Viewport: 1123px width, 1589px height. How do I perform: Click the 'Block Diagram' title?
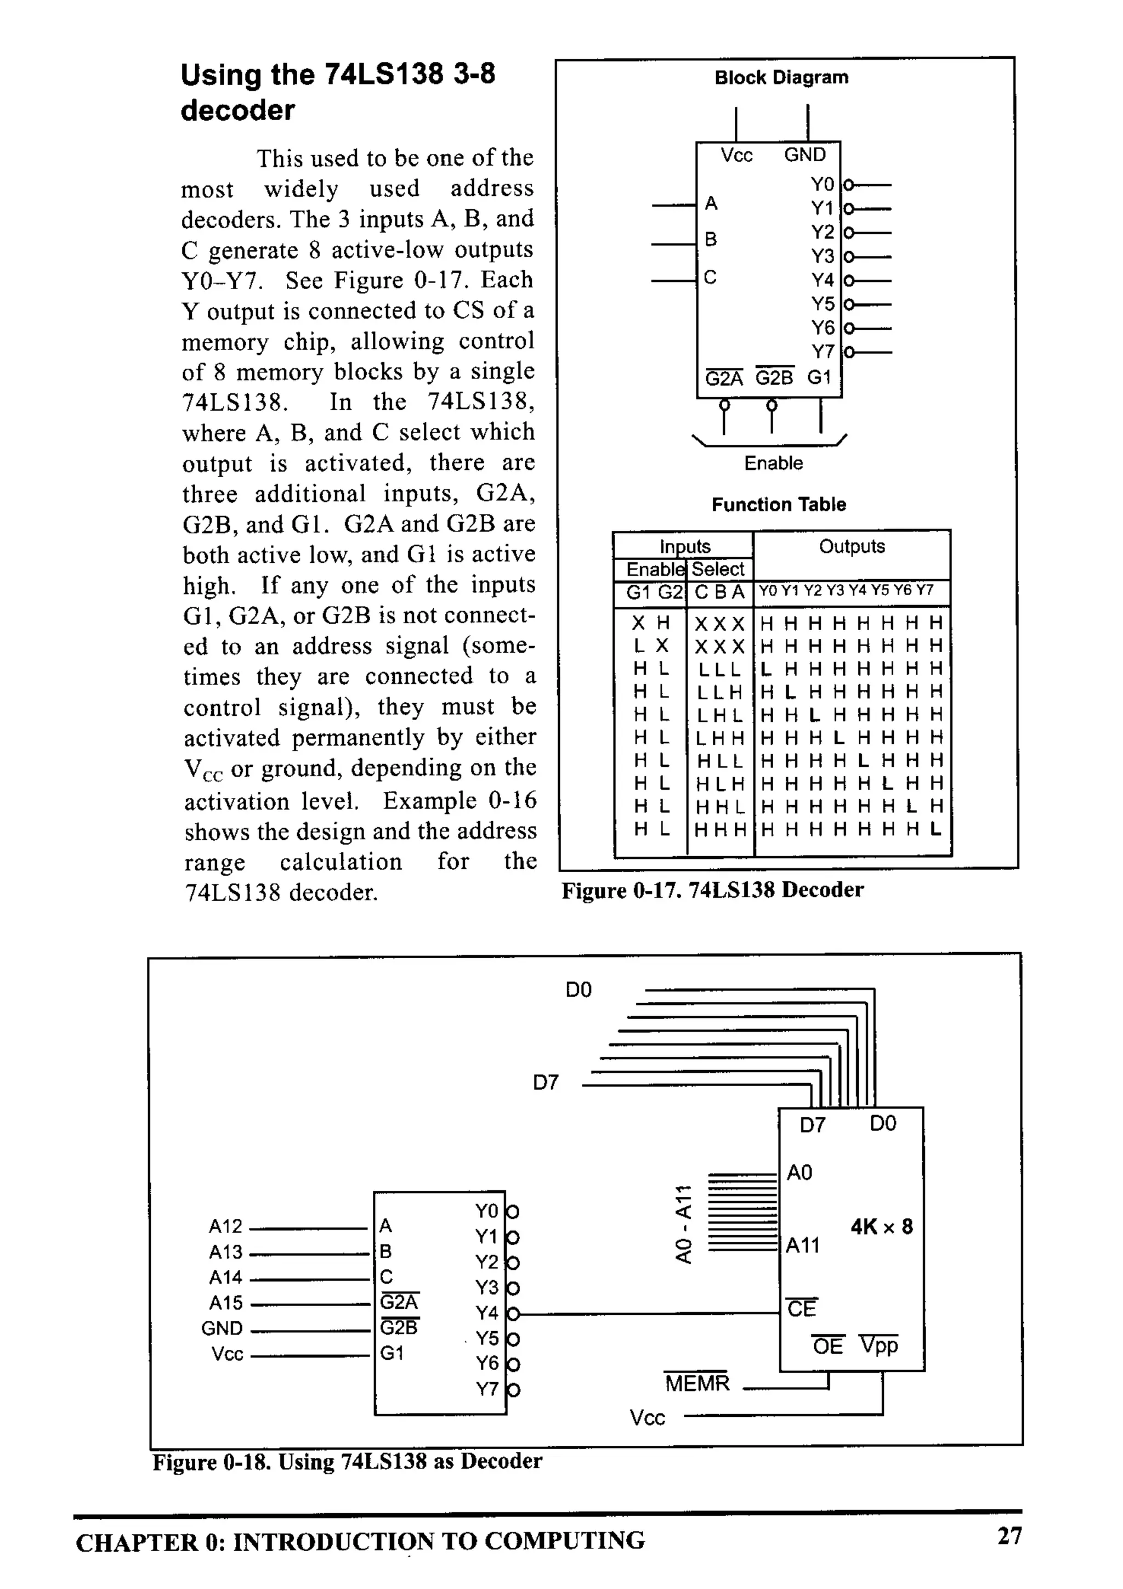click(781, 77)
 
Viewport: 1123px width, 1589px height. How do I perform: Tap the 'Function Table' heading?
click(779, 505)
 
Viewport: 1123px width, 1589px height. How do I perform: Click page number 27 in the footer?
click(1008, 1536)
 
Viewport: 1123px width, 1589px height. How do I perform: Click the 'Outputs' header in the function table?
click(852, 547)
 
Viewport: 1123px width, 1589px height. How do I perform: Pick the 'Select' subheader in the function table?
click(718, 569)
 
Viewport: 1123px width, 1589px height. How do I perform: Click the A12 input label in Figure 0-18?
click(225, 1226)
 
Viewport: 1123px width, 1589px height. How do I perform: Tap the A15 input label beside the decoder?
click(225, 1303)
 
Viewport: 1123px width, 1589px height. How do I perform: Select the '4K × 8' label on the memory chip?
click(882, 1227)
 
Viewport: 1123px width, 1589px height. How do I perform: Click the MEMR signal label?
click(697, 1383)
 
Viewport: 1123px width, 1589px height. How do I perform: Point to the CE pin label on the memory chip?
click(802, 1309)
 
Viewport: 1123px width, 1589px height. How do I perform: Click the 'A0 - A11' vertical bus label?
click(683, 1224)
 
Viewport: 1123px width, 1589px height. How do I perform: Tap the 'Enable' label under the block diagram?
click(773, 463)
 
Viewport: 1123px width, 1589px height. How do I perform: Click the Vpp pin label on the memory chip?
click(879, 1345)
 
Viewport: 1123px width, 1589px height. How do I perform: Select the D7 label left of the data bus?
click(545, 1082)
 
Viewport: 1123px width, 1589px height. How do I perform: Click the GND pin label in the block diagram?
click(805, 155)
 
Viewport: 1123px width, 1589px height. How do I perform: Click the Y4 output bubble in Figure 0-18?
click(513, 1314)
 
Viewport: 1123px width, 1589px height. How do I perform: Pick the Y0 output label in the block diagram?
click(822, 185)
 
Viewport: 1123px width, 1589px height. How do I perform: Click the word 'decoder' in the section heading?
click(237, 111)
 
